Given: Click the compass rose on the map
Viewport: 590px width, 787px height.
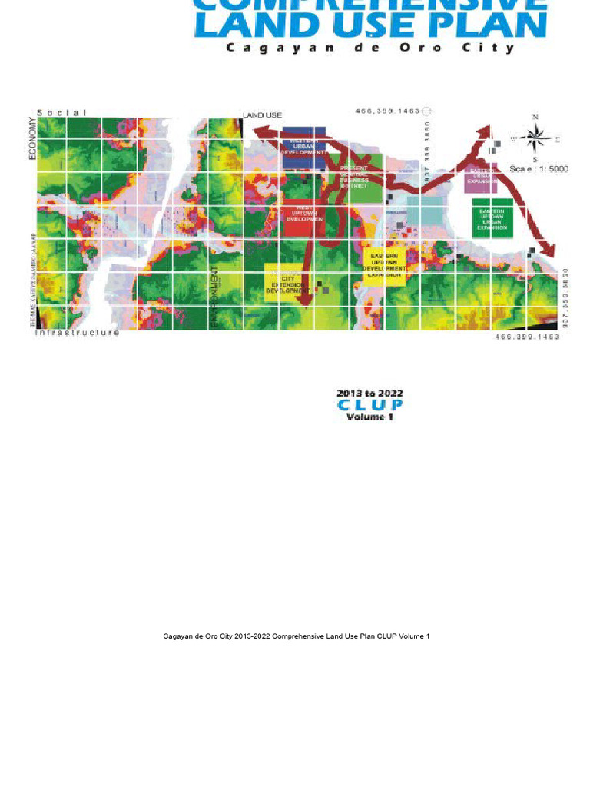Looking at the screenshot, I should click(535, 138).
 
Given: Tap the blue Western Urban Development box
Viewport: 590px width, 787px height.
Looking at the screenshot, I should click(304, 144).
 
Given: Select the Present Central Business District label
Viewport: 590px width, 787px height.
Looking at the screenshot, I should click(354, 177).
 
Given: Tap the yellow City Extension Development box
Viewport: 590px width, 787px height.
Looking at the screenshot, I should click(287, 282).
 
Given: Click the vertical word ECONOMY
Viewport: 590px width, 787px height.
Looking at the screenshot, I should click(33, 138).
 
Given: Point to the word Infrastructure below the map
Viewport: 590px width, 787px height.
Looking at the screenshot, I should click(78, 333).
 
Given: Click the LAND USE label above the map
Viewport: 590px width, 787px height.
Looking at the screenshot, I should click(263, 115).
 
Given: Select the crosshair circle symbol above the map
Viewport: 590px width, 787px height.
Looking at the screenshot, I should click(428, 111).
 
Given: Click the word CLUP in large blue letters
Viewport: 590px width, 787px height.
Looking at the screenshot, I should click(370, 404).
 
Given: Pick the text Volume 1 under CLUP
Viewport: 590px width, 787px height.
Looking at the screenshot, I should click(370, 417).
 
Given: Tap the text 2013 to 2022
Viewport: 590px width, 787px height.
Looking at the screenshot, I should click(370, 393).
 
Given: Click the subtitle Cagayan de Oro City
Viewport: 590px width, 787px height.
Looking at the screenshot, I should click(370, 48).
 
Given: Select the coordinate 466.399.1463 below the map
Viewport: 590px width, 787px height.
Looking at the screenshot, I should click(528, 337).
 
